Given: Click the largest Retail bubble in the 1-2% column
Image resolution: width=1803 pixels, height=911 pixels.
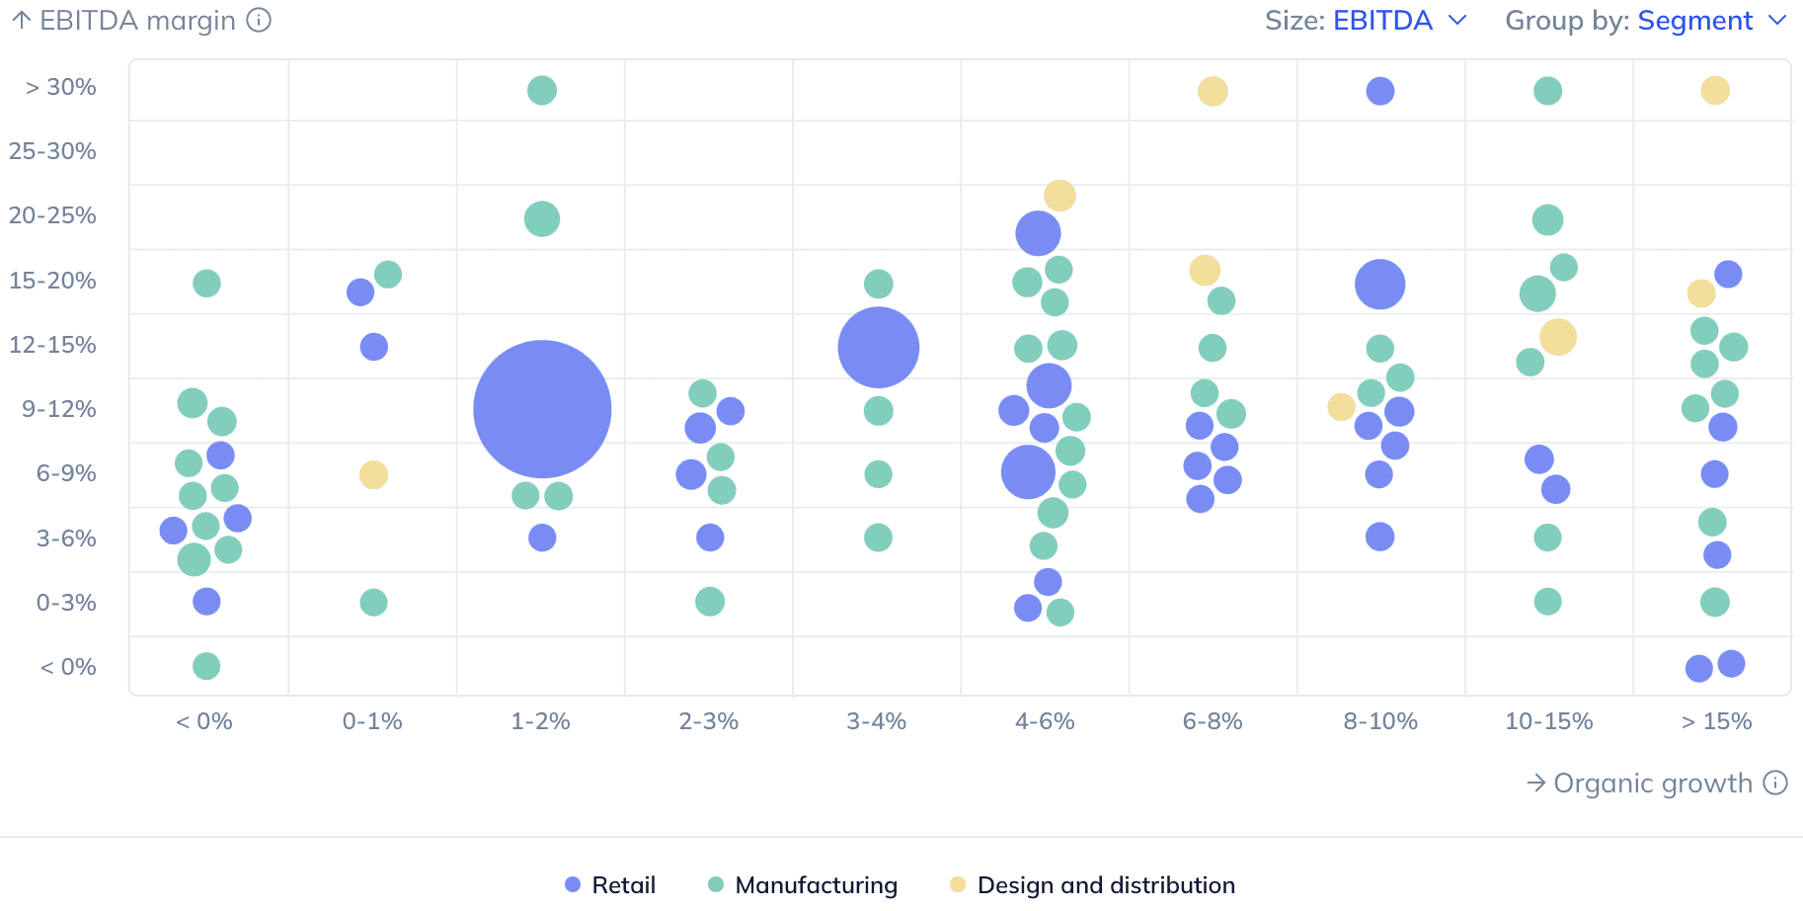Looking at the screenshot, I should point(542,409).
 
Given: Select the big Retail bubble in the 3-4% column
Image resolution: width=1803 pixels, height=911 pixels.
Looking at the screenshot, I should point(878,347).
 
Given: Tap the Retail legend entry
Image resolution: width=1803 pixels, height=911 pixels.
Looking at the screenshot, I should point(610,884).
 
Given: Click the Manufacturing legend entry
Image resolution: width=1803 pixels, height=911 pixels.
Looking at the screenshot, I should point(803,884).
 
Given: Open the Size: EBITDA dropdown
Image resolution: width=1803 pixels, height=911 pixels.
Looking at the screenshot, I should point(1367,21).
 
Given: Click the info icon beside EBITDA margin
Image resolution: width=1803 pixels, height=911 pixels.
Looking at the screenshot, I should point(259,20).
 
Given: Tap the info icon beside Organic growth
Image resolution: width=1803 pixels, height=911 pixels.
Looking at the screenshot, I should point(1775,783).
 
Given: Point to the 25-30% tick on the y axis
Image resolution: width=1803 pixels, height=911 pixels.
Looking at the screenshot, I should point(52,151).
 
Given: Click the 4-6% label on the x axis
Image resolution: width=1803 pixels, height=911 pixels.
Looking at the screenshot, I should point(1045,721).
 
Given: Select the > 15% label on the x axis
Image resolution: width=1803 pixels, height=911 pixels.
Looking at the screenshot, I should point(1716,721).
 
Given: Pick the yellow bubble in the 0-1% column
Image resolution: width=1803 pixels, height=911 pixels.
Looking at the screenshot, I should point(373,474).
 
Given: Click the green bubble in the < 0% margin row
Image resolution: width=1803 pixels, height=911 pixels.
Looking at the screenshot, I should point(206,666).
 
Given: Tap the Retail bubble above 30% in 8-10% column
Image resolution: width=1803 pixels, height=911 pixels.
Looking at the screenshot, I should point(1379,91).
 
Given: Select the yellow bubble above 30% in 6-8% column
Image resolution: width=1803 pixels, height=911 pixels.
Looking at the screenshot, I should point(1213,91).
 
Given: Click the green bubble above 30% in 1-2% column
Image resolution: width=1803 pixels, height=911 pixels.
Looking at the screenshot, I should point(541,90).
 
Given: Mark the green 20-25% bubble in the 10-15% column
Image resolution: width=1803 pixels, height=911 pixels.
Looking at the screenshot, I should point(1547,219).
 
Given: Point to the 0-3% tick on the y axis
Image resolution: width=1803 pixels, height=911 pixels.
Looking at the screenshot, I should point(66,603).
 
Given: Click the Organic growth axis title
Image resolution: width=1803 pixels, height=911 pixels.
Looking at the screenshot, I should point(1652,784).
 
